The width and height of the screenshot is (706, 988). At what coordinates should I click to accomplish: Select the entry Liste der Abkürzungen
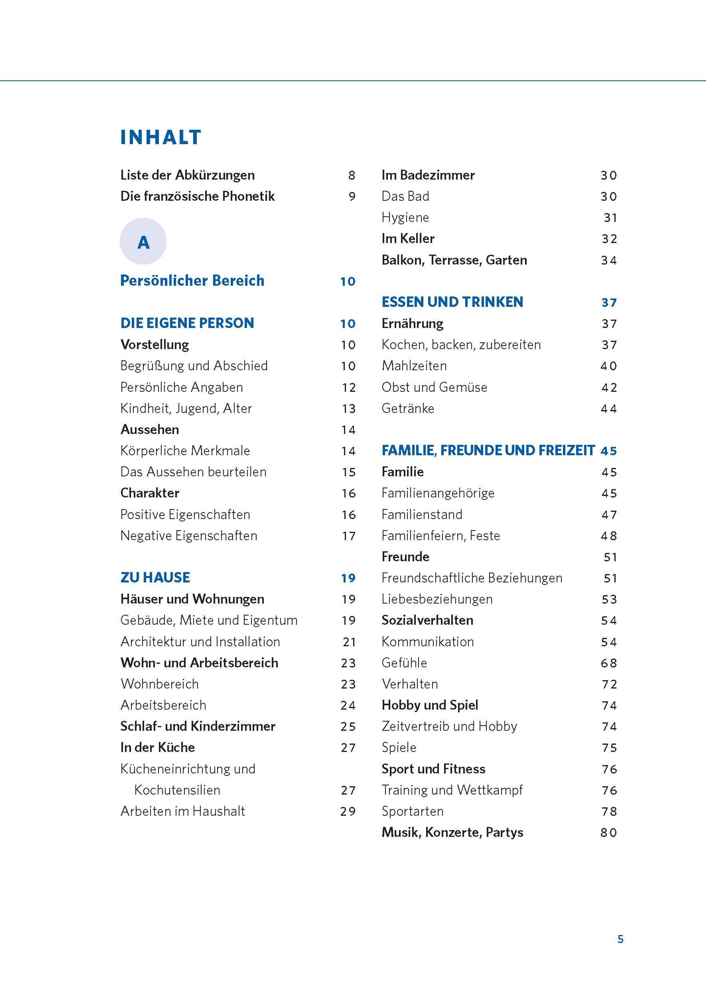(187, 175)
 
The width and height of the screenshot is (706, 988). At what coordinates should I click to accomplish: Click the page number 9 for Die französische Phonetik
(352, 196)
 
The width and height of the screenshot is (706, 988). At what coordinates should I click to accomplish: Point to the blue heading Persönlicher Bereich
(192, 281)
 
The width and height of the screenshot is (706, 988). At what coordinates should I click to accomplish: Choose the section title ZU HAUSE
(155, 578)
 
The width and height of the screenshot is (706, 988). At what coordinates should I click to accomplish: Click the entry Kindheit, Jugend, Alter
(186, 409)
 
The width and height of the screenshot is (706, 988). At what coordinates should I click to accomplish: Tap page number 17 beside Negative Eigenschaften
(349, 536)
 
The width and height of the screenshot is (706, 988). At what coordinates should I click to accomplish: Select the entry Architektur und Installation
(200, 642)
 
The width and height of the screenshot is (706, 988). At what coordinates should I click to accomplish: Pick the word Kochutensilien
(177, 790)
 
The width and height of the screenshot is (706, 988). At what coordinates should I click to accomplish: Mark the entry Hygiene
(405, 217)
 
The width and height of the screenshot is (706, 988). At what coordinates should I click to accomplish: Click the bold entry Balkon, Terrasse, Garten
(454, 260)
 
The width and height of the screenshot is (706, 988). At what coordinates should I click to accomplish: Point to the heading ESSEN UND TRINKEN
(452, 302)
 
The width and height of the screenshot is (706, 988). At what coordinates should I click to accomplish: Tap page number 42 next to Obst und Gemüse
(609, 387)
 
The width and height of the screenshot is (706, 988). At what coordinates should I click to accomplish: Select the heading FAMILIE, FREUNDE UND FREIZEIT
(488, 451)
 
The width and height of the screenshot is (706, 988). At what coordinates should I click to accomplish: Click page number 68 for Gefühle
(609, 663)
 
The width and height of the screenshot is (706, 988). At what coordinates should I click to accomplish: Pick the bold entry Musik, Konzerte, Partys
(452, 832)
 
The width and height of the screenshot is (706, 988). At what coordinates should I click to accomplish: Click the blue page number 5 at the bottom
(620, 939)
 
